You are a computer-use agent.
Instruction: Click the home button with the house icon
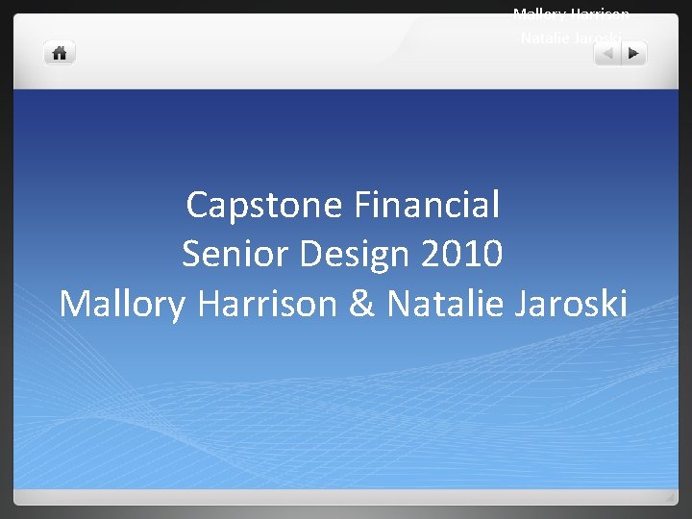pyautogui.click(x=60, y=53)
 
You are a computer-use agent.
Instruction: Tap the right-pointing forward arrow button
pyautogui.click(x=633, y=54)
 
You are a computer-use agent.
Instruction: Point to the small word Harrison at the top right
pyautogui.click(x=601, y=14)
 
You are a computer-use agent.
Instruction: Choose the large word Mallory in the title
pyautogui.click(x=124, y=304)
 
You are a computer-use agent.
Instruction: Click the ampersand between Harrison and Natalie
pyautogui.click(x=361, y=304)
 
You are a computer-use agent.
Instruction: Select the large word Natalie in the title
pyautogui.click(x=445, y=304)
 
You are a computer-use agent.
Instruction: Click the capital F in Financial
pyautogui.click(x=361, y=204)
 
